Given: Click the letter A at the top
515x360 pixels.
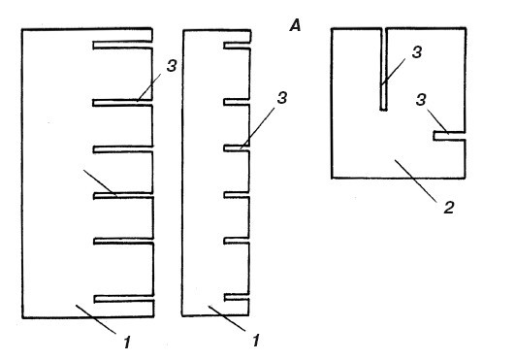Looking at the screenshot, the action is (295, 25).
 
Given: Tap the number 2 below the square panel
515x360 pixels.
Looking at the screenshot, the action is (449, 208).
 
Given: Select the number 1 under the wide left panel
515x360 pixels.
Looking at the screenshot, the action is (127, 343).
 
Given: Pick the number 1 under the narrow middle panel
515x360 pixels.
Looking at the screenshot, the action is (256, 341).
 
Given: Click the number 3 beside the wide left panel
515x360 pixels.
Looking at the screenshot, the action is (172, 66).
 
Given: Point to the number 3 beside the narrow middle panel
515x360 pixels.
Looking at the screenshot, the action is (282, 98).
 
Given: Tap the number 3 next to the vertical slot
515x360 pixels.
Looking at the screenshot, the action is (416, 52).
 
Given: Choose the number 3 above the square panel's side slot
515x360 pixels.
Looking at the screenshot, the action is (421, 100).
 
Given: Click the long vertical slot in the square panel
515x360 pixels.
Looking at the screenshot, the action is (383, 69).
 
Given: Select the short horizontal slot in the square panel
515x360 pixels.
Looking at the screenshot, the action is (449, 136).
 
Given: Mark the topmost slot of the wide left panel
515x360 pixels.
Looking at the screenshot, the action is (123, 45).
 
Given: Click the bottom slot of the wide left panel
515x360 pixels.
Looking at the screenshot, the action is (124, 299).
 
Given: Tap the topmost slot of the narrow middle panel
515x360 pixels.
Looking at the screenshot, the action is (238, 46).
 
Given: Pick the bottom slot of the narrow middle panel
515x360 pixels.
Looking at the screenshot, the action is (237, 298).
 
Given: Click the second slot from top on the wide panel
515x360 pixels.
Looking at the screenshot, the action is (123, 103).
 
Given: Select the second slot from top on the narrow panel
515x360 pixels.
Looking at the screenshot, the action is (237, 102).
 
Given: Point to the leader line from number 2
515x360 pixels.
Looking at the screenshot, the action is (416, 180).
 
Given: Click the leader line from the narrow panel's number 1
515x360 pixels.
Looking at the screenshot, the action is (227, 318).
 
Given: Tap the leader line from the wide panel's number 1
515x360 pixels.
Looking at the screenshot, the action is (96, 319).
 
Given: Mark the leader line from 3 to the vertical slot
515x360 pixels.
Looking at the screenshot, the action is (393, 72).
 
